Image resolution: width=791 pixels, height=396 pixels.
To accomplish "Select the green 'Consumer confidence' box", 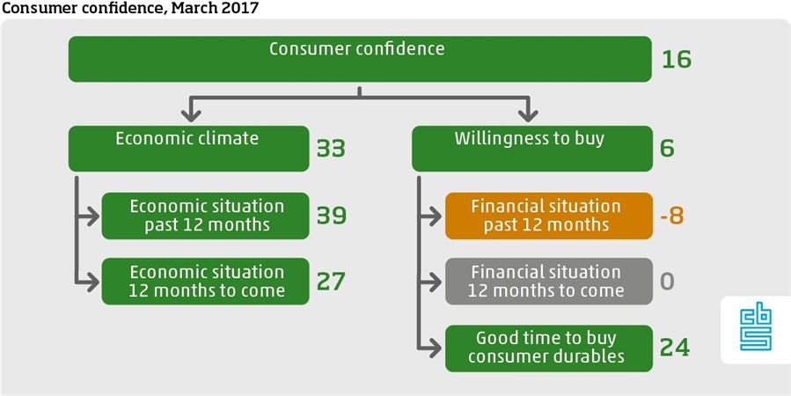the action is [360, 59].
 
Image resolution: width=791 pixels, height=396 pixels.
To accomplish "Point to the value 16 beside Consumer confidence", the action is [677, 60].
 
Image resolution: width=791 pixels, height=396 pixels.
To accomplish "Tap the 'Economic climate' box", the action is [188, 149].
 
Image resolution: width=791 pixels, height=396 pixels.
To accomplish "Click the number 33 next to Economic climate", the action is [331, 149].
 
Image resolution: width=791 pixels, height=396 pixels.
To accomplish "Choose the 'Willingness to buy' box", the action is [532, 149].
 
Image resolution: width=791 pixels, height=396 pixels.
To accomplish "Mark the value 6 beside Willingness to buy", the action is [666, 149].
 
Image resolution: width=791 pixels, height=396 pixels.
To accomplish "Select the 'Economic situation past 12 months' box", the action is [205, 216].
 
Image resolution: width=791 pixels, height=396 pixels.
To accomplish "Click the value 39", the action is [332, 216].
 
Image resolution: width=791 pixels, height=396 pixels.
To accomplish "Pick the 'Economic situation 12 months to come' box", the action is [205, 281].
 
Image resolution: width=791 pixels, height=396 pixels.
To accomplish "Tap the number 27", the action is [331, 281].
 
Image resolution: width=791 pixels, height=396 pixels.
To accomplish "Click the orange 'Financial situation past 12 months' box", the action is [549, 216].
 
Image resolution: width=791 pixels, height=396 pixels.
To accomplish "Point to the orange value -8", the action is [671, 216].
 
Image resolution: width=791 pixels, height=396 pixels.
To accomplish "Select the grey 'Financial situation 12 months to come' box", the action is [549, 281].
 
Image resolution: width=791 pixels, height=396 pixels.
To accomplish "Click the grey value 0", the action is [667, 281].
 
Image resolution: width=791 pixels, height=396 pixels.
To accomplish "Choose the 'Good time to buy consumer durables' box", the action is [549, 348].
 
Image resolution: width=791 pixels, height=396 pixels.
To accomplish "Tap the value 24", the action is [675, 348].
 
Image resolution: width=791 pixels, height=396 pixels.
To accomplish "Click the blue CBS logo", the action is [756, 329].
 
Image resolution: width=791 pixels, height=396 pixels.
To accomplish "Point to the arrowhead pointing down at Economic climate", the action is [191, 114].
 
